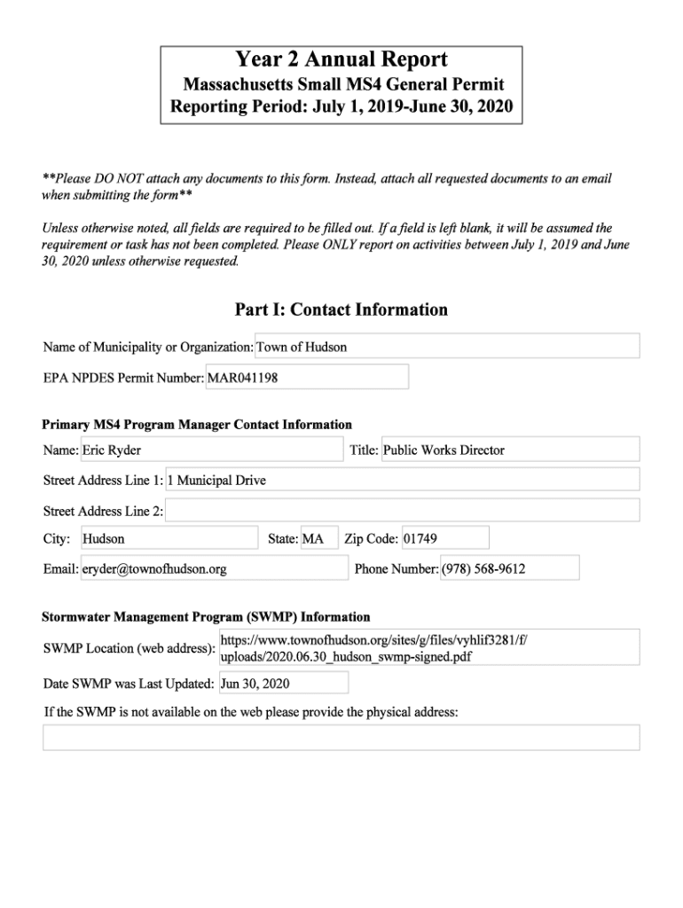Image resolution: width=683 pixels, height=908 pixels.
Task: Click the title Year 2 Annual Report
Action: [341, 60]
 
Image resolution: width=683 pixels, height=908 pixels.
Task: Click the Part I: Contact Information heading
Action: [341, 309]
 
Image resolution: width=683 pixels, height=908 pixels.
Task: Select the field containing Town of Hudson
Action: [447, 347]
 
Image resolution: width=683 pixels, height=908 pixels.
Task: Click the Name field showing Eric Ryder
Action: [211, 450]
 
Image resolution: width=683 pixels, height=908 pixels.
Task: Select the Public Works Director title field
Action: [510, 450]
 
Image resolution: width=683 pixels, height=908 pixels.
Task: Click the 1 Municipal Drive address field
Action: [402, 480]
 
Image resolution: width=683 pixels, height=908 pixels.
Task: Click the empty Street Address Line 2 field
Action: [402, 510]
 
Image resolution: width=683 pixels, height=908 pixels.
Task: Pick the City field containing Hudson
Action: [169, 538]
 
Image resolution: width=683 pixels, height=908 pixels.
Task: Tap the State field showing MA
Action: [319, 538]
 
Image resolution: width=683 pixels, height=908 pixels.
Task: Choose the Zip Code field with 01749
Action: [444, 538]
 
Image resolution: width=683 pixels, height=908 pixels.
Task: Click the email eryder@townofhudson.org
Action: [214, 568]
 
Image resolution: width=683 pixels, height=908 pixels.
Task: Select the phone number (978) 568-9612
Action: [509, 568]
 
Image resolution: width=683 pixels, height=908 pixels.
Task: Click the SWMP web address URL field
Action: [428, 647]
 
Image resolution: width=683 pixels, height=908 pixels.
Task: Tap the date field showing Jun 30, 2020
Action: [283, 684]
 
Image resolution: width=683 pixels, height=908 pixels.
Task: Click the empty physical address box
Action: [341, 737]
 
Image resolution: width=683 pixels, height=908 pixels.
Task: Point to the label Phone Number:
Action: [396, 569]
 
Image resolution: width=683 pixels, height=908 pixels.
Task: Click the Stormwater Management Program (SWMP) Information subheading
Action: [206, 617]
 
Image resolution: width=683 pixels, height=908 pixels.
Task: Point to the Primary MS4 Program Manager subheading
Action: [197, 425]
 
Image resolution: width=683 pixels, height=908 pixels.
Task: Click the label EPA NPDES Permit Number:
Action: [123, 378]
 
